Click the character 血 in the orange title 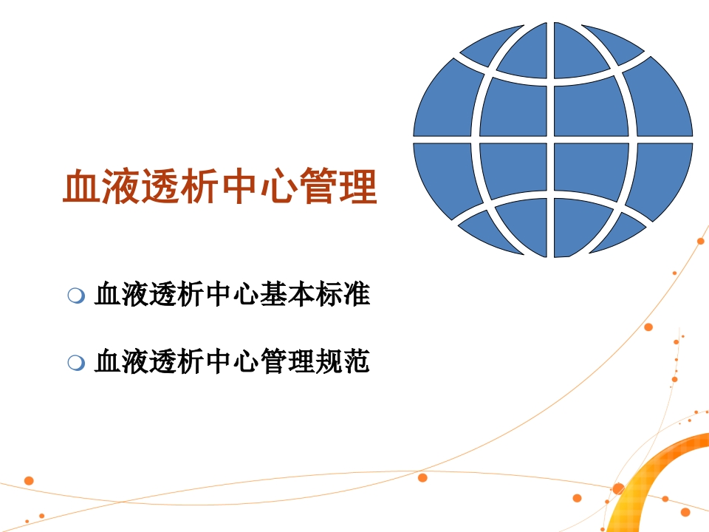pyautogui.click(x=81, y=185)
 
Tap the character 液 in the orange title pyautogui.click(x=120, y=185)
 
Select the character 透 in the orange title pyautogui.click(x=160, y=185)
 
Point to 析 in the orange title pyautogui.click(x=199, y=185)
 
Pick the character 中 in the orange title pyautogui.click(x=239, y=185)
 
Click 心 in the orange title pyautogui.click(x=278, y=185)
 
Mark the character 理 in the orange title pyautogui.click(x=357, y=185)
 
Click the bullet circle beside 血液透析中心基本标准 pyautogui.click(x=76, y=296)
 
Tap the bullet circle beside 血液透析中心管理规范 pyautogui.click(x=76, y=362)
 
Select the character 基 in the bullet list pyautogui.click(x=273, y=294)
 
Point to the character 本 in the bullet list pyautogui.click(x=301, y=294)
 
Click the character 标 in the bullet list pyautogui.click(x=329, y=294)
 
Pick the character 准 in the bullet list pyautogui.click(x=356, y=294)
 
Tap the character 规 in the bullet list pyautogui.click(x=329, y=361)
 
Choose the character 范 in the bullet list pyautogui.click(x=356, y=361)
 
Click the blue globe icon pyautogui.click(x=552, y=140)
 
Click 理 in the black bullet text pyautogui.click(x=301, y=361)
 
